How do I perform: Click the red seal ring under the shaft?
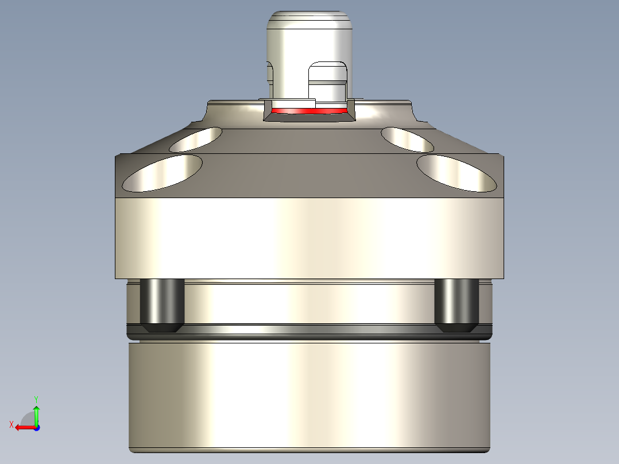point(310,110)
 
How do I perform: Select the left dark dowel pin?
point(162,304)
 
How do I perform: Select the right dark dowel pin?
point(456,304)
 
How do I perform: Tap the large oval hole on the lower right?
point(456,173)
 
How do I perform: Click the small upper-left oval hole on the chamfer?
point(196,140)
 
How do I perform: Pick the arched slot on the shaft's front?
point(328,80)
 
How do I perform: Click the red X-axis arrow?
point(23,427)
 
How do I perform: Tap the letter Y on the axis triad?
point(36,399)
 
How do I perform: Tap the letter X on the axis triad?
point(11,424)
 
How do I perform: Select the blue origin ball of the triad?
point(36,427)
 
